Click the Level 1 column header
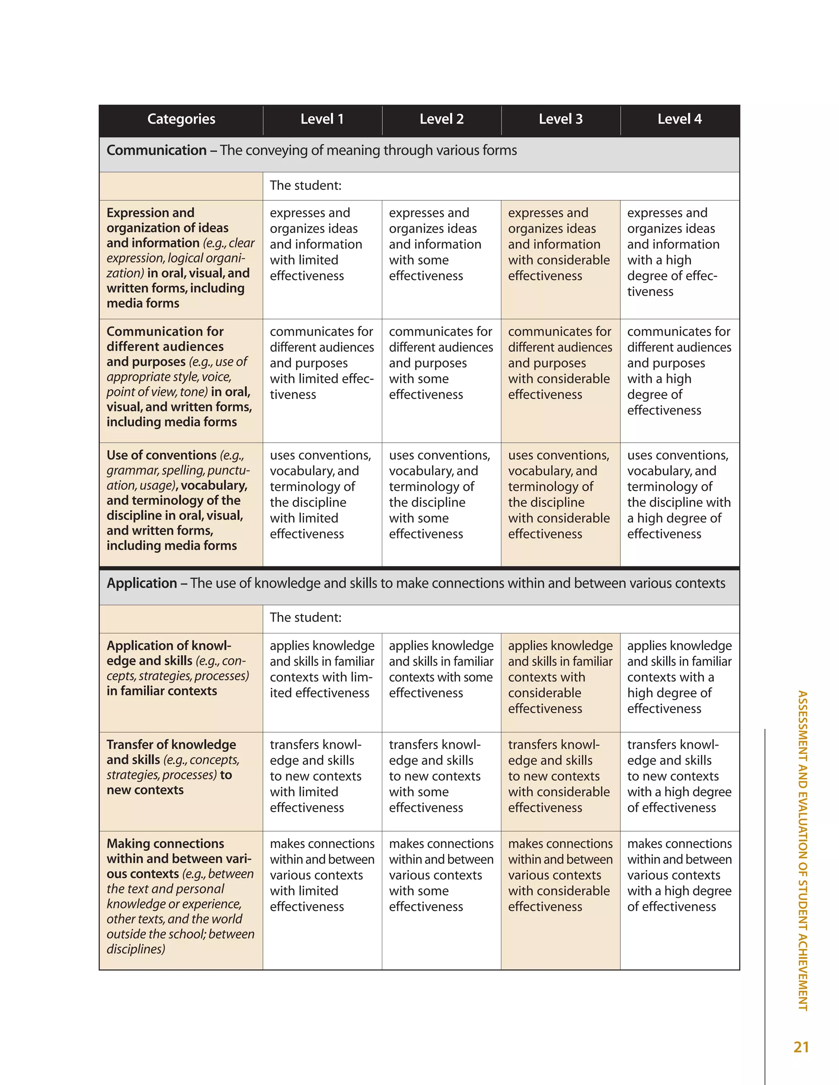322,119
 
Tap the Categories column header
181,119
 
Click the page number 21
801,1047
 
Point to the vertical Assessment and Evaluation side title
802,850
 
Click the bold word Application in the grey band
142,583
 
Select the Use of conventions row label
177,500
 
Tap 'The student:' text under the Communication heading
305,186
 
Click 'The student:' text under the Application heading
305,617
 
